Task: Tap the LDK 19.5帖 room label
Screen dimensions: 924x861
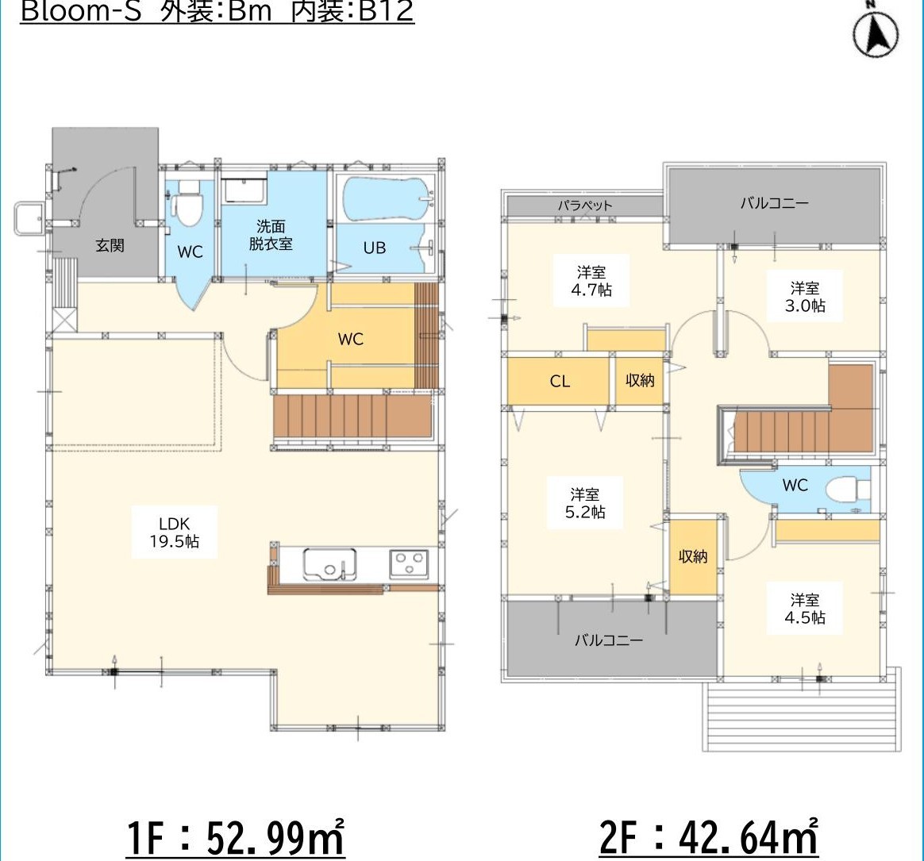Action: coord(175,532)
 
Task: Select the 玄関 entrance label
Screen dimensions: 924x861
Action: coord(110,245)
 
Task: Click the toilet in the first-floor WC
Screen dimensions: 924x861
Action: coord(187,203)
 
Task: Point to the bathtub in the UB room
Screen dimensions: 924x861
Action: coord(388,198)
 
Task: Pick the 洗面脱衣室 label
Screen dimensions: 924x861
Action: coord(271,235)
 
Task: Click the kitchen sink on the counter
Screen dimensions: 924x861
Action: coord(329,565)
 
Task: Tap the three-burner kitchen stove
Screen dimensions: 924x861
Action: coord(409,564)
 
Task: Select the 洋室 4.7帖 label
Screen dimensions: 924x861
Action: coord(591,281)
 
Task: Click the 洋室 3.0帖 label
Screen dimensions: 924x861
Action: coord(805,296)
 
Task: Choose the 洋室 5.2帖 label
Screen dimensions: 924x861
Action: coord(585,503)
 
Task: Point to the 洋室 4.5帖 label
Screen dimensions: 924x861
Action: coord(805,609)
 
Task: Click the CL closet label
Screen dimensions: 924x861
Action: coord(560,381)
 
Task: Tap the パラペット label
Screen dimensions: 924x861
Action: coord(585,206)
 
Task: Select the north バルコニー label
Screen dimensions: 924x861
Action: coord(775,203)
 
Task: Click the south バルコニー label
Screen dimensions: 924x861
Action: coord(609,640)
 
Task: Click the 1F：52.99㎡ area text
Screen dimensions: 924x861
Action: coord(235,837)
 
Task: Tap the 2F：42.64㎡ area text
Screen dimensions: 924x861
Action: coord(708,837)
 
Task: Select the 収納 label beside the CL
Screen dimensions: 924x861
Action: coord(640,380)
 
